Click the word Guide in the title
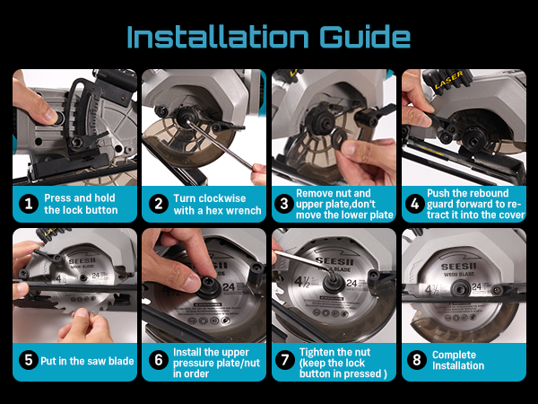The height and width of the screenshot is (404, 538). coord(365,37)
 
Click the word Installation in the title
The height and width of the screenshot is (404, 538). coord(218,37)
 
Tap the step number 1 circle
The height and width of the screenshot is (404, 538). coord(29,204)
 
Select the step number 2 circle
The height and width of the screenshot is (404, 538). coord(159,204)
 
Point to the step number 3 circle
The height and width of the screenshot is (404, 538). coord(284,204)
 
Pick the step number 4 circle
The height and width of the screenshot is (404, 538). coord(415,204)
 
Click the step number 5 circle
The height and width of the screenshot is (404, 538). coord(29,360)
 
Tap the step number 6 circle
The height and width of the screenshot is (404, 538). coord(159,360)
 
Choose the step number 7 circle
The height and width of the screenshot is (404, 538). coord(285,360)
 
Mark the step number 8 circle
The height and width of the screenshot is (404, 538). coord(417,360)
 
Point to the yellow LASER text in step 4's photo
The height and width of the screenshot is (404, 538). coord(449,80)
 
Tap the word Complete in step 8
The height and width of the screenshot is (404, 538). coord(454,355)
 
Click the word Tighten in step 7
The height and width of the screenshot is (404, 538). coord(316,353)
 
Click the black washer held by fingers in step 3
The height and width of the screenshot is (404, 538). coord(339,137)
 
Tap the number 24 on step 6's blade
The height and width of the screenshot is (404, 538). coord(230,287)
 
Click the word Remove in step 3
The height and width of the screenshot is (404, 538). coord(315,193)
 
